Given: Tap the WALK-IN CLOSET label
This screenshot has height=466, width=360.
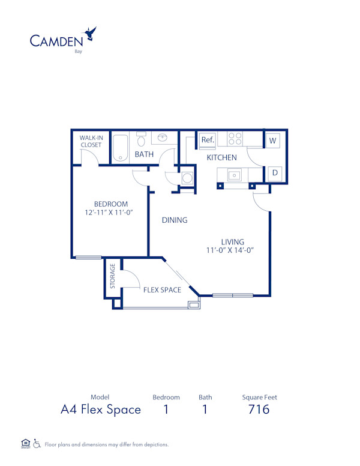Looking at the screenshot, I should point(91,141).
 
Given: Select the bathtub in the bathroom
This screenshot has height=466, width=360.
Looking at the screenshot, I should point(121,147).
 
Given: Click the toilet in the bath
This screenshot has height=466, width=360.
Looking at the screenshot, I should point(142,141).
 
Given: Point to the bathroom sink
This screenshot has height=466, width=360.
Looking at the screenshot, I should point(162,138).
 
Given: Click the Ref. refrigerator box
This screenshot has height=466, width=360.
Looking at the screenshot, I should point(208,139).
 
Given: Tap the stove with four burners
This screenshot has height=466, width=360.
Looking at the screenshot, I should point(235,139).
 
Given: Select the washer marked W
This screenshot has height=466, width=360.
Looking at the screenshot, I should point(273,141).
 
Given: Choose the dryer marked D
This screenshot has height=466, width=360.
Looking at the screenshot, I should point(275,173).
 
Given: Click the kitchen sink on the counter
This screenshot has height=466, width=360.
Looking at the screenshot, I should point(233,175).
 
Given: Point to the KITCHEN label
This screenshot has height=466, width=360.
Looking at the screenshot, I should point(221,158).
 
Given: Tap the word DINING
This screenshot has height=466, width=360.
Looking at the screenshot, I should point(175,220).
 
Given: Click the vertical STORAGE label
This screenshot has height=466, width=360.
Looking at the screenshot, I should point(112,275).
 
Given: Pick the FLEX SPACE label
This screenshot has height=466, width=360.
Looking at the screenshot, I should point(162,290).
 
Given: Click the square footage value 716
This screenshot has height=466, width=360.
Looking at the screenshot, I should point(259,410).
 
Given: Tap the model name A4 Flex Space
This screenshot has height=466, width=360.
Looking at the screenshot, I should point(101,410).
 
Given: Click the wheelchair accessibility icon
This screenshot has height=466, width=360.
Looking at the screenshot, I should point(37,444).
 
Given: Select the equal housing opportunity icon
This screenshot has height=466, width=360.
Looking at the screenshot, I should point(25,443).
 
